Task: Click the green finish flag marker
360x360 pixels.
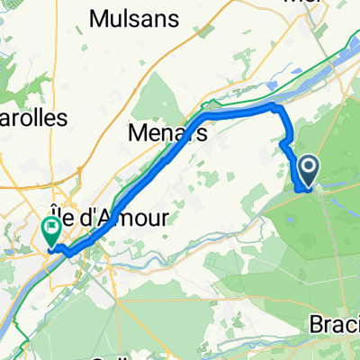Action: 50,230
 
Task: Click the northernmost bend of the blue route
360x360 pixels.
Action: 274,107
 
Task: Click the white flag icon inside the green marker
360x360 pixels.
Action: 50,226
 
